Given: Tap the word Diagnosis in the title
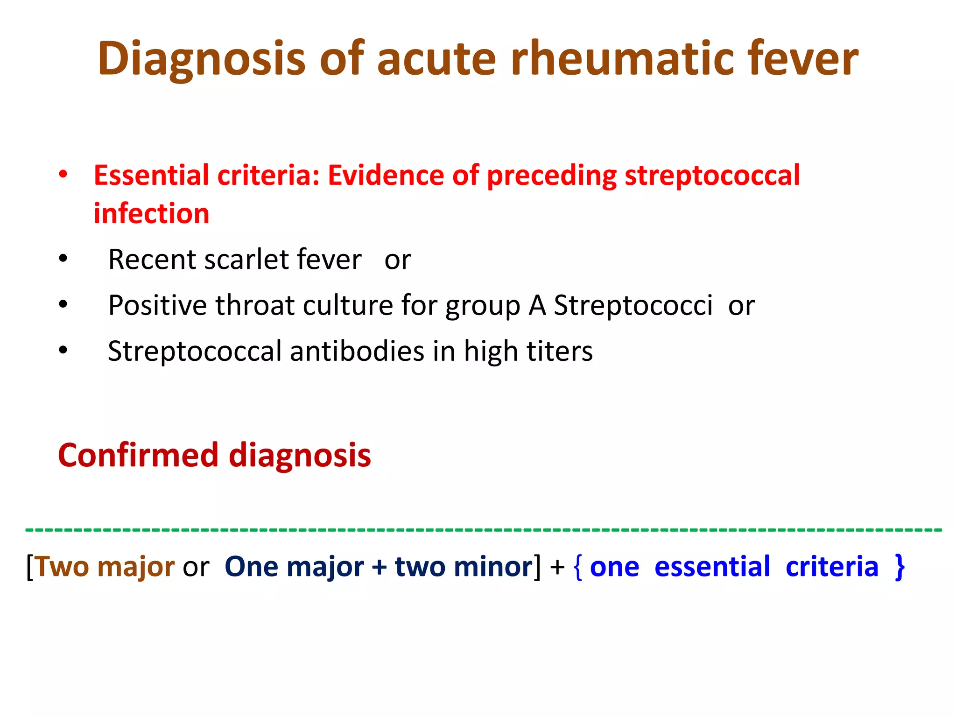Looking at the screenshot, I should pos(201,58).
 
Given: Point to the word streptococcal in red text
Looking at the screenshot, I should pos(712,176).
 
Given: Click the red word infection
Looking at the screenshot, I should pos(151,214).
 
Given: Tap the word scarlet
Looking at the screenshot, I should pos(245,260).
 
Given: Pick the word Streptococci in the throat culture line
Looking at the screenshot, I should pos(633,305).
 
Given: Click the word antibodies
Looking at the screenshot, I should pos(357,351).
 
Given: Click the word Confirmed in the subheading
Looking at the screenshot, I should pos(138,455).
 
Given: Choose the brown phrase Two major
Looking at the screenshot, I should pos(105,567).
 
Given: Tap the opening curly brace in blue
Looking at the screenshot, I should pos(578,567).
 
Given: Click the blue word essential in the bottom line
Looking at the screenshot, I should pos(712,567).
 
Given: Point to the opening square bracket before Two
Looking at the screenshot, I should pos(30,567).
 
